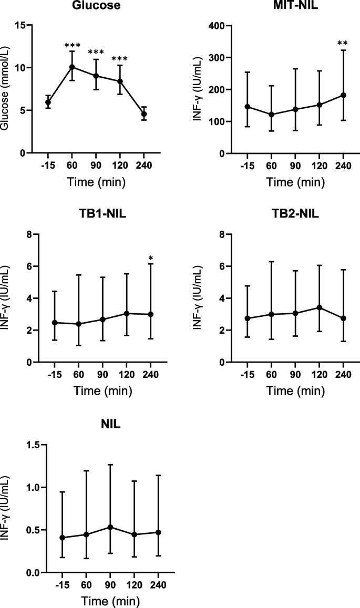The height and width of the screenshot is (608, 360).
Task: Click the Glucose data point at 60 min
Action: click(x=72, y=67)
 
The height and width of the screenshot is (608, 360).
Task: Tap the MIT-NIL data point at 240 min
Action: click(x=343, y=95)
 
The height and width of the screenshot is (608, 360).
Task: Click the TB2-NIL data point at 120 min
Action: click(x=320, y=307)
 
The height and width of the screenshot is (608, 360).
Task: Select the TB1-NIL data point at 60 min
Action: click(x=79, y=324)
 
